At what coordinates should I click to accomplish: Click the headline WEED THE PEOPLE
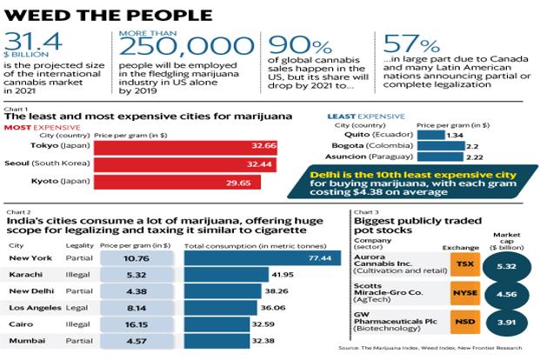[110, 15]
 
